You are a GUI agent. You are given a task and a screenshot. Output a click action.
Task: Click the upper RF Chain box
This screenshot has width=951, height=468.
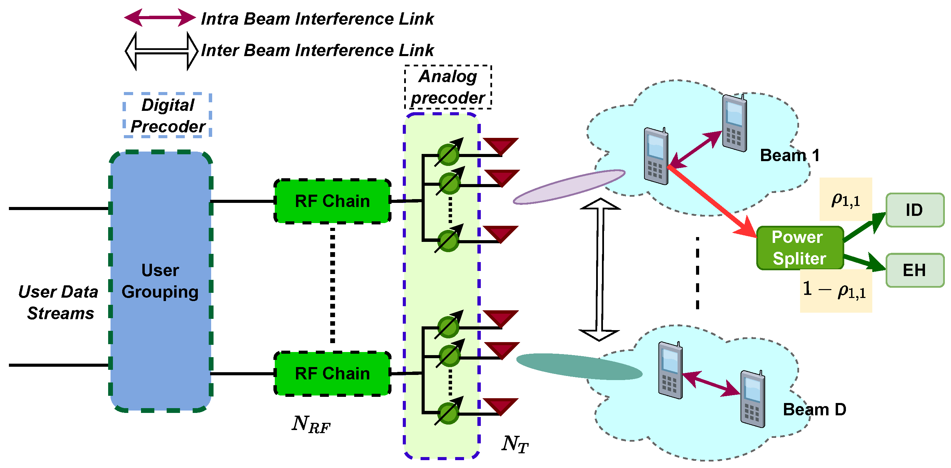point(332,201)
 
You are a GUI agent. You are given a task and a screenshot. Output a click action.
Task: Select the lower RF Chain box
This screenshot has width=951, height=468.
point(332,374)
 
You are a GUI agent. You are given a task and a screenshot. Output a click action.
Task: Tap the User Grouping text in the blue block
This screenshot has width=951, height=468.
point(160,281)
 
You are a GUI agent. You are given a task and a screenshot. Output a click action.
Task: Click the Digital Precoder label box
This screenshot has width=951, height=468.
point(168,116)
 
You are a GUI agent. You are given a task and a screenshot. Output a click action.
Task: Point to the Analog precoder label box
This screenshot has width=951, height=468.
point(448,87)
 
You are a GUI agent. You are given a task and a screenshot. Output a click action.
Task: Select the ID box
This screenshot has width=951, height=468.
point(914,210)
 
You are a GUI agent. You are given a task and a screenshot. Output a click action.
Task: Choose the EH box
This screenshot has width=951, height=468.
point(914,270)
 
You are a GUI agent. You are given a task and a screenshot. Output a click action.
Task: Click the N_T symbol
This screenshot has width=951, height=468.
point(515,444)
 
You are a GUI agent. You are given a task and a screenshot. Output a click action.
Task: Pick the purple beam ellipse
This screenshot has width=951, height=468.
point(569,187)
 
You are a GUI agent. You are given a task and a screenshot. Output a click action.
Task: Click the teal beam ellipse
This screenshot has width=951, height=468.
point(579,366)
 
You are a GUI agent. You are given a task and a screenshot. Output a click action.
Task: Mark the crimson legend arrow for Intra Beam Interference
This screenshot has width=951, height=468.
point(160,17)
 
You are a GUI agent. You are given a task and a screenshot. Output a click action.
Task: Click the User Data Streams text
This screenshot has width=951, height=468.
point(59,302)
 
